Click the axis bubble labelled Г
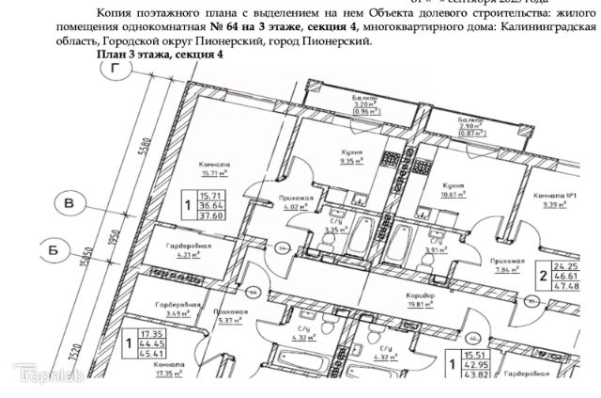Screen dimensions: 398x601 (x=116, y=69)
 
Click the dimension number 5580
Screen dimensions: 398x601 (x=143, y=150)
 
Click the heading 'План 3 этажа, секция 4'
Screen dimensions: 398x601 (x=160, y=57)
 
